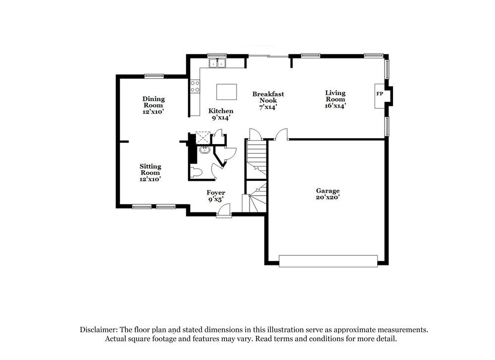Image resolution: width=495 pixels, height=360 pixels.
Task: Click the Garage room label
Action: pyautogui.click(x=328, y=191)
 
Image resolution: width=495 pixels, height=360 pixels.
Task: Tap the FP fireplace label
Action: pyautogui.click(x=380, y=94)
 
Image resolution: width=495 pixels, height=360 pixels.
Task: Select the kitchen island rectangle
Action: pyautogui.click(x=226, y=92)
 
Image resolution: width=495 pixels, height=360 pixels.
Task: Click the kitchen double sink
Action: pyautogui.click(x=217, y=63)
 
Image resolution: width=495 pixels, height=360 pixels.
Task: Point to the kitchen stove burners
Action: pyautogui.click(x=195, y=87)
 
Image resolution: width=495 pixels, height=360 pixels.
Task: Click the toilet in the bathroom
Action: pyautogui.click(x=196, y=172)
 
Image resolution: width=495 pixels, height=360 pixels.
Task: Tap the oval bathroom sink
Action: pyautogui.click(x=204, y=150)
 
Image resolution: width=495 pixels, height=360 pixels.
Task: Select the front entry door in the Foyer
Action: pyautogui.click(x=224, y=212)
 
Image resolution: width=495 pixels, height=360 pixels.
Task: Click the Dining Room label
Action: pyautogui.click(x=153, y=102)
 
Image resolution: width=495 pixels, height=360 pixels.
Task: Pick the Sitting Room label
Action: pyautogui.click(x=150, y=169)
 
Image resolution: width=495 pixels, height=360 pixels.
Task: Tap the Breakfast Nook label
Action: pyautogui.click(x=268, y=97)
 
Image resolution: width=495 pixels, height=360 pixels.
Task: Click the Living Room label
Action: pyautogui.click(x=335, y=96)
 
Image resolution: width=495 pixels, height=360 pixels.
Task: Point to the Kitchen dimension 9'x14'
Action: pyautogui.click(x=220, y=118)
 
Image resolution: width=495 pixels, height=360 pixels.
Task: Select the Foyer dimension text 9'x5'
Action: pyautogui.click(x=216, y=200)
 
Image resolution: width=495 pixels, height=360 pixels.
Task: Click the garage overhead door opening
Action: pyautogui.click(x=328, y=261)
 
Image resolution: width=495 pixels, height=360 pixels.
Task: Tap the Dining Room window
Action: pyautogui.click(x=154, y=76)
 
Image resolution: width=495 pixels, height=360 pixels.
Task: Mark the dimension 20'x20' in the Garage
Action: pyautogui.click(x=328, y=198)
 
